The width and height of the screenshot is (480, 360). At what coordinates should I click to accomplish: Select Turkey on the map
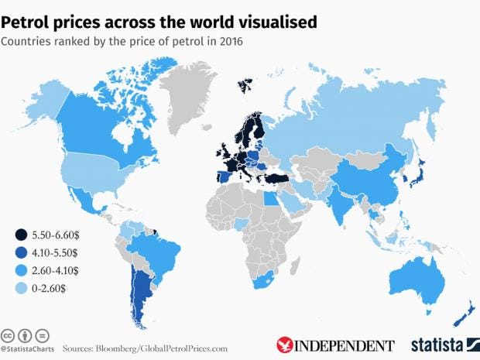coord(275,177)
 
